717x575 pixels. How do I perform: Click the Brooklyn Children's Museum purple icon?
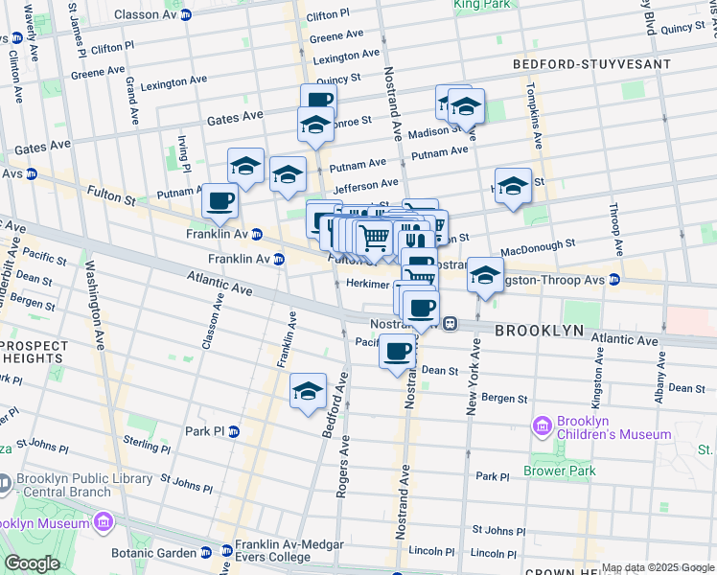coord(543,424)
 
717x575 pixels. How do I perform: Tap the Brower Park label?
coord(560,471)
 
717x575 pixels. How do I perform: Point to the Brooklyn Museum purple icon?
coord(102,523)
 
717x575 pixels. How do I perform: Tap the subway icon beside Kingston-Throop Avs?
coord(614,280)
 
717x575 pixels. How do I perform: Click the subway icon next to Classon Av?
coord(186,15)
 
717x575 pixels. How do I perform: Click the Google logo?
coord(31,563)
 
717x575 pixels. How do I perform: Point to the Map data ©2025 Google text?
coord(658,568)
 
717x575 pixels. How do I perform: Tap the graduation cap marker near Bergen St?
coord(309,391)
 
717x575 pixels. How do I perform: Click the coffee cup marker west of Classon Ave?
coord(220,200)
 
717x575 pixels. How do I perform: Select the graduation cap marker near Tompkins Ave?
coord(513,186)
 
